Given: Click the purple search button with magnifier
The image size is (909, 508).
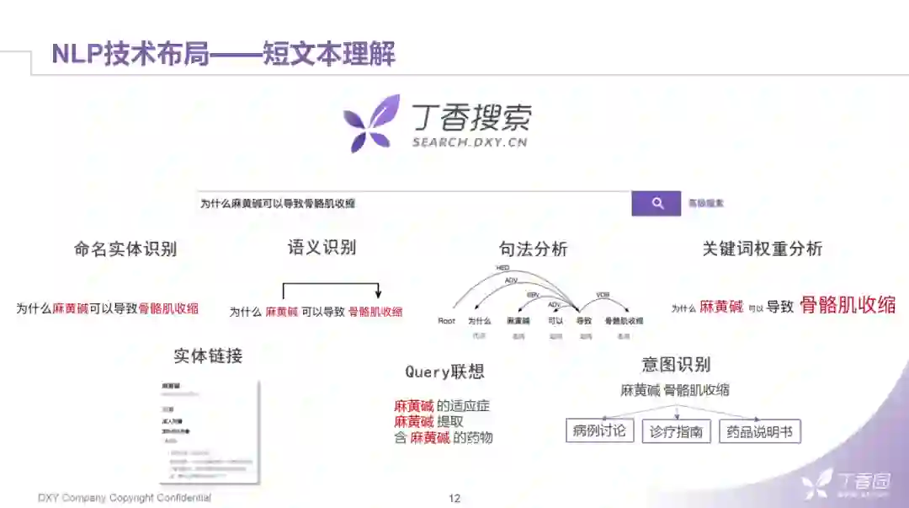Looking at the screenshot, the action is (x=656, y=203).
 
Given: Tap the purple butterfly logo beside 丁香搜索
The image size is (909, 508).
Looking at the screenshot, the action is (x=371, y=124).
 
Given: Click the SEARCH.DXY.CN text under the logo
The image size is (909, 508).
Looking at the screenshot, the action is (x=469, y=142).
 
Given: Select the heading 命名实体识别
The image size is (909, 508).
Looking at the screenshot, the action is (x=125, y=249).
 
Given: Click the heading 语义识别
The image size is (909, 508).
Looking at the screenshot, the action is (x=322, y=248).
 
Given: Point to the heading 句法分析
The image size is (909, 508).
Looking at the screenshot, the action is (x=533, y=249).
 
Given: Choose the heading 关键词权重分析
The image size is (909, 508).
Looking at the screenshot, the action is (x=762, y=249).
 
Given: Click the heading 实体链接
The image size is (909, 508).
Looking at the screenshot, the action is (x=208, y=356).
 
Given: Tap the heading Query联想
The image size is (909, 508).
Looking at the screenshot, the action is (x=444, y=372).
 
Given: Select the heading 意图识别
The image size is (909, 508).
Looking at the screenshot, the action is (x=676, y=365).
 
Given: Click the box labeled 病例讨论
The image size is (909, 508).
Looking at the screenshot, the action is (x=599, y=430).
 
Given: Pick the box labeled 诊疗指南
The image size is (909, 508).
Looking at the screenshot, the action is (x=677, y=431).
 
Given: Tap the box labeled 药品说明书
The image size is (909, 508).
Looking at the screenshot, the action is (x=759, y=431).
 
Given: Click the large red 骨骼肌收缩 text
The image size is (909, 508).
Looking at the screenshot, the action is (x=847, y=305).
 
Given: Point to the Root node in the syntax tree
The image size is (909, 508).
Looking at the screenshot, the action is (x=446, y=321).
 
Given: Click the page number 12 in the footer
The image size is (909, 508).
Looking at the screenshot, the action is (x=454, y=498).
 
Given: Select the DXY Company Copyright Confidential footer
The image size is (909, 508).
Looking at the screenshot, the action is (x=125, y=498).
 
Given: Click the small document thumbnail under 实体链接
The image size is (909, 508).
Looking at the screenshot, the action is (x=210, y=432).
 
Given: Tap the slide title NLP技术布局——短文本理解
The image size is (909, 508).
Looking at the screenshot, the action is (x=224, y=54).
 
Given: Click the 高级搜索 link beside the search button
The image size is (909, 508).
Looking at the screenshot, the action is (x=705, y=203).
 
